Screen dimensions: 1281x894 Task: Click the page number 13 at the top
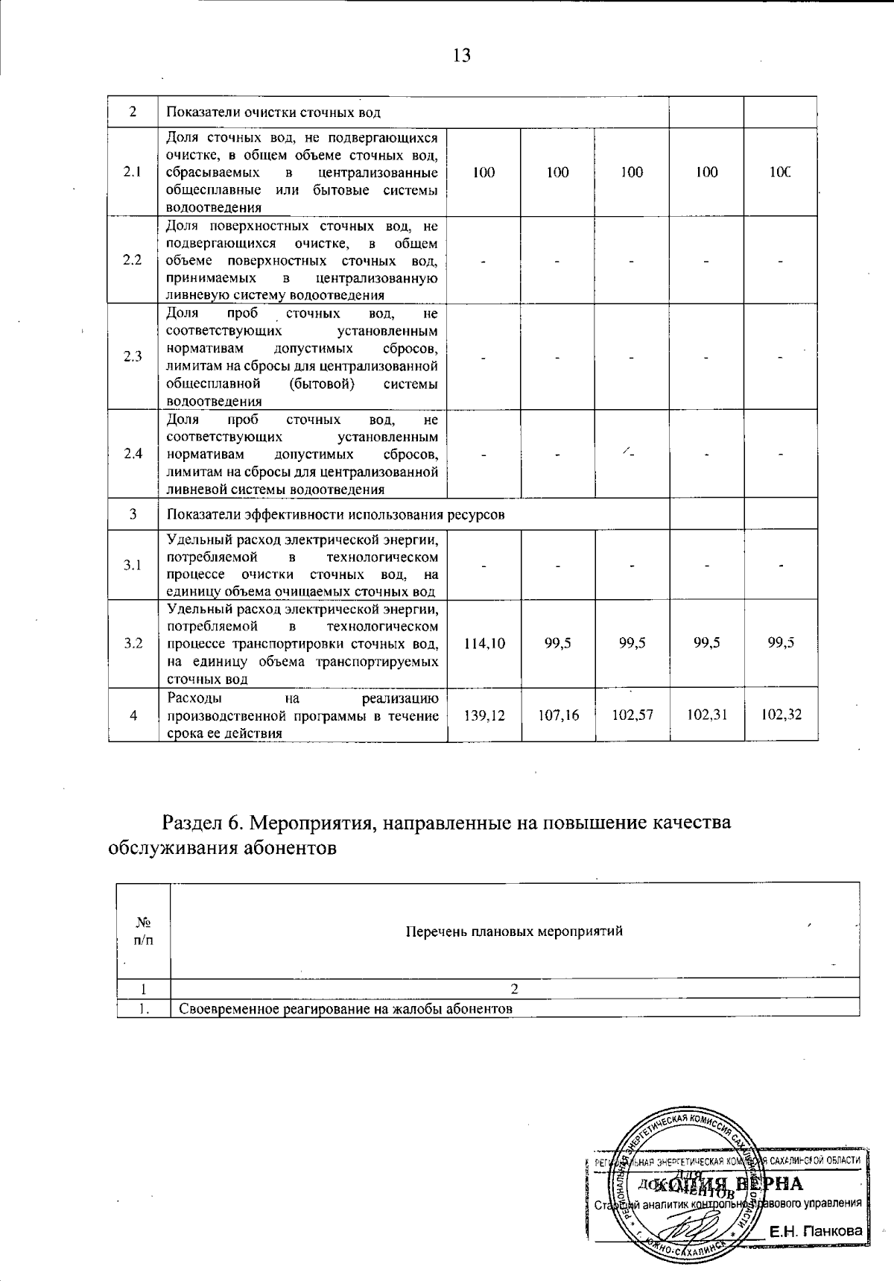pyautogui.click(x=461, y=55)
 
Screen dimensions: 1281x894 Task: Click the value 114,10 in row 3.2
pyautogui.click(x=484, y=643)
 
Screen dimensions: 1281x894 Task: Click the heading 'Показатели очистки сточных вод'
pyautogui.click(x=273, y=113)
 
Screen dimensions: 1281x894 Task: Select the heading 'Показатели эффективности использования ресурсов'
pyautogui.click(x=335, y=515)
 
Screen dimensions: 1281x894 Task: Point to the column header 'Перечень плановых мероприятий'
pyautogui.click(x=514, y=931)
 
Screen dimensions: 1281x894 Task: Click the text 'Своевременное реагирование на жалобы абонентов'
pyautogui.click(x=346, y=1009)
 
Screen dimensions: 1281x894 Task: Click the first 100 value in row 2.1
pyautogui.click(x=484, y=172)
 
